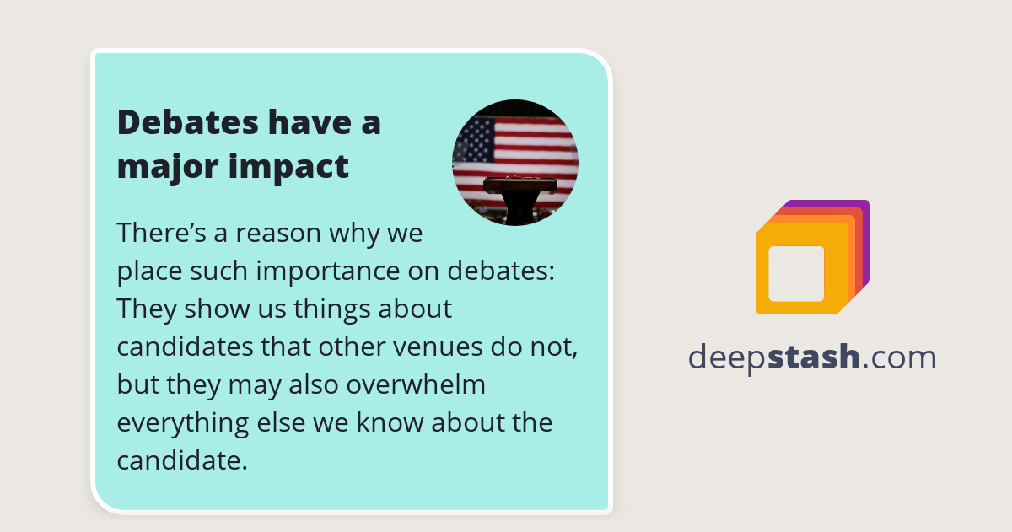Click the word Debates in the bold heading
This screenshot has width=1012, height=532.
tap(187, 122)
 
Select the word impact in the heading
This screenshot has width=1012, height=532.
tap(288, 167)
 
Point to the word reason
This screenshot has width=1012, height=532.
tap(267, 232)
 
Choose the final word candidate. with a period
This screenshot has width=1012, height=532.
tap(181, 460)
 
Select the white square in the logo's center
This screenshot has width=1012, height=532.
tap(796, 273)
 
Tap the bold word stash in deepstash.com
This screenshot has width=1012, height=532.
tap(816, 357)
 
